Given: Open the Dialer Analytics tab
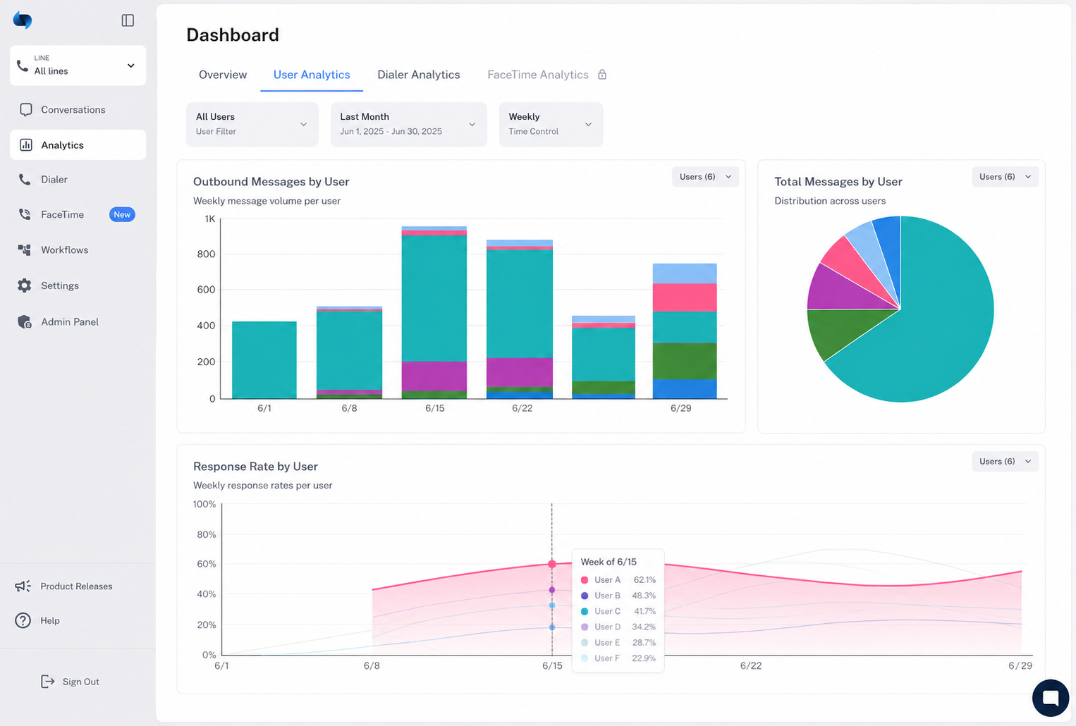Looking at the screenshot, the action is [x=418, y=75].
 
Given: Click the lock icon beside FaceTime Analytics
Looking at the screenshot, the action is [x=602, y=75].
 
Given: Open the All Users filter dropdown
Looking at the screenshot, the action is [x=252, y=124].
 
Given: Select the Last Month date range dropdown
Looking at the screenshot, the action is [x=408, y=124].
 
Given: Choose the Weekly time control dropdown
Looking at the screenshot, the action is [x=551, y=124].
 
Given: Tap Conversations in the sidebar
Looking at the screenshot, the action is [x=73, y=109].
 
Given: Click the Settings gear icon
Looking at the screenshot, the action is [x=25, y=285].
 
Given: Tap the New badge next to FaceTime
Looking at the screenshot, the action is [x=122, y=215].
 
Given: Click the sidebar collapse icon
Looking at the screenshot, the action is [x=128, y=20].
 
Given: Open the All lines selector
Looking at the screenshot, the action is [x=78, y=66].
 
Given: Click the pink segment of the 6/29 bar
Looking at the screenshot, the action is [x=685, y=297].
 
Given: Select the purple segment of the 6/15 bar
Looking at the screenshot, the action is [x=434, y=376].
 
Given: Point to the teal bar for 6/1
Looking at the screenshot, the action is [x=264, y=359].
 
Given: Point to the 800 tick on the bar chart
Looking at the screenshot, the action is [x=206, y=254].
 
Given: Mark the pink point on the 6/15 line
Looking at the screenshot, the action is [x=552, y=564].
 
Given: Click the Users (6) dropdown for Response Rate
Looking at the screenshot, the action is [x=1005, y=462].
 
